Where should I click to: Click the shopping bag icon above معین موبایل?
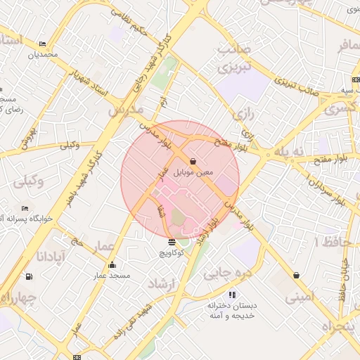pyautogui.click(x=193, y=161)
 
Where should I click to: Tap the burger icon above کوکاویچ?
pyautogui.click(x=172, y=243)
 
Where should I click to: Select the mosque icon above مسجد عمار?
pyautogui.click(x=112, y=265)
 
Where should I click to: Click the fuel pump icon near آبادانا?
pyautogui.click(x=28, y=276)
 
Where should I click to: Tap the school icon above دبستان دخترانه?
pyautogui.click(x=232, y=295)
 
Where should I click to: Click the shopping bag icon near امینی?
pyautogui.click(x=296, y=275)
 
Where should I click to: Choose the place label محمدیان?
pyautogui.click(x=43, y=54)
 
